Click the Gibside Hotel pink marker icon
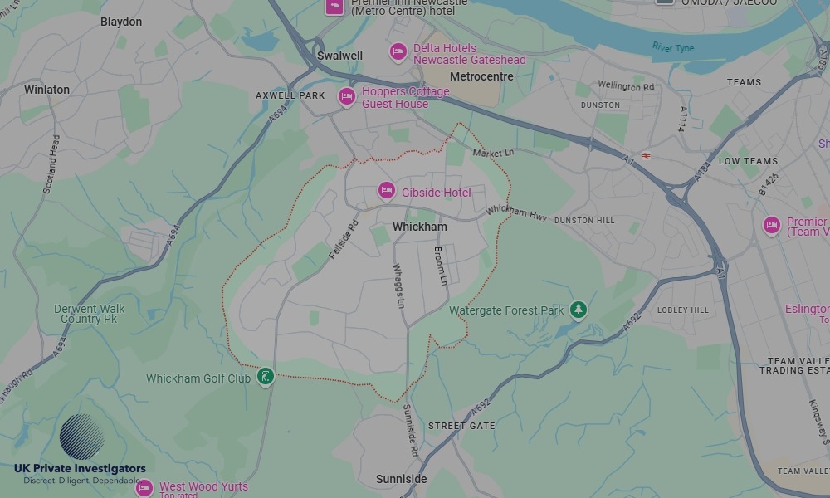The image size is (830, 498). click(386, 191)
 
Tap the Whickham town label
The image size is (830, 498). click(419, 227)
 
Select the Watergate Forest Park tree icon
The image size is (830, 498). click(579, 310)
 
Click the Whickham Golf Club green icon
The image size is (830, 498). click(265, 377)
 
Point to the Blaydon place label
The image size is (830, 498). click(121, 22)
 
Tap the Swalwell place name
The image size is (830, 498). click(339, 56)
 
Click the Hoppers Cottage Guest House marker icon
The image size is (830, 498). click(346, 96)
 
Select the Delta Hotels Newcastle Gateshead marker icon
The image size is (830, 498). click(398, 52)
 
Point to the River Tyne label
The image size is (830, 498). click(672, 47)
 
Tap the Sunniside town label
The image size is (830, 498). click(401, 479)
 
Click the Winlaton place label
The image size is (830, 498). click(46, 90)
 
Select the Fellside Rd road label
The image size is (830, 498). click(343, 237)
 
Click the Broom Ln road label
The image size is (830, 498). click(441, 266)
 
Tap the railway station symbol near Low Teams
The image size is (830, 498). click(646, 155)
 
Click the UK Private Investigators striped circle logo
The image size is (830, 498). click(82, 437)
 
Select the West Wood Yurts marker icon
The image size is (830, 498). click(144, 487)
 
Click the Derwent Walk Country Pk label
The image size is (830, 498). click(89, 314)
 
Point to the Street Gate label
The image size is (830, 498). click(461, 426)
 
